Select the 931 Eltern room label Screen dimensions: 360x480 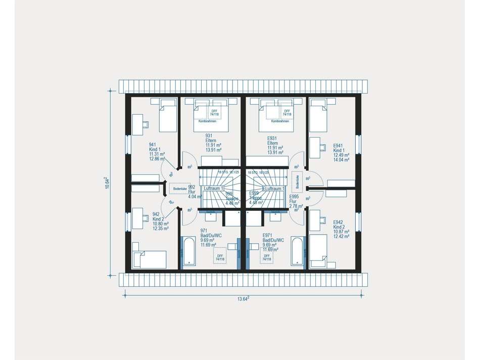pyautogui.click(x=213, y=145)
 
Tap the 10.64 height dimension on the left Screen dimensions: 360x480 pyautogui.click(x=106, y=183)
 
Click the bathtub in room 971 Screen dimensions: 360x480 pyautogui.click(x=189, y=251)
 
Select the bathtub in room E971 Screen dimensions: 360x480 pyautogui.click(x=298, y=252)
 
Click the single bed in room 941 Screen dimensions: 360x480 pyautogui.click(x=168, y=116)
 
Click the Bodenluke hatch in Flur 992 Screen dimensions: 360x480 pyautogui.click(x=179, y=189)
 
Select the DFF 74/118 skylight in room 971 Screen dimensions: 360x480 pyautogui.click(x=220, y=256)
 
